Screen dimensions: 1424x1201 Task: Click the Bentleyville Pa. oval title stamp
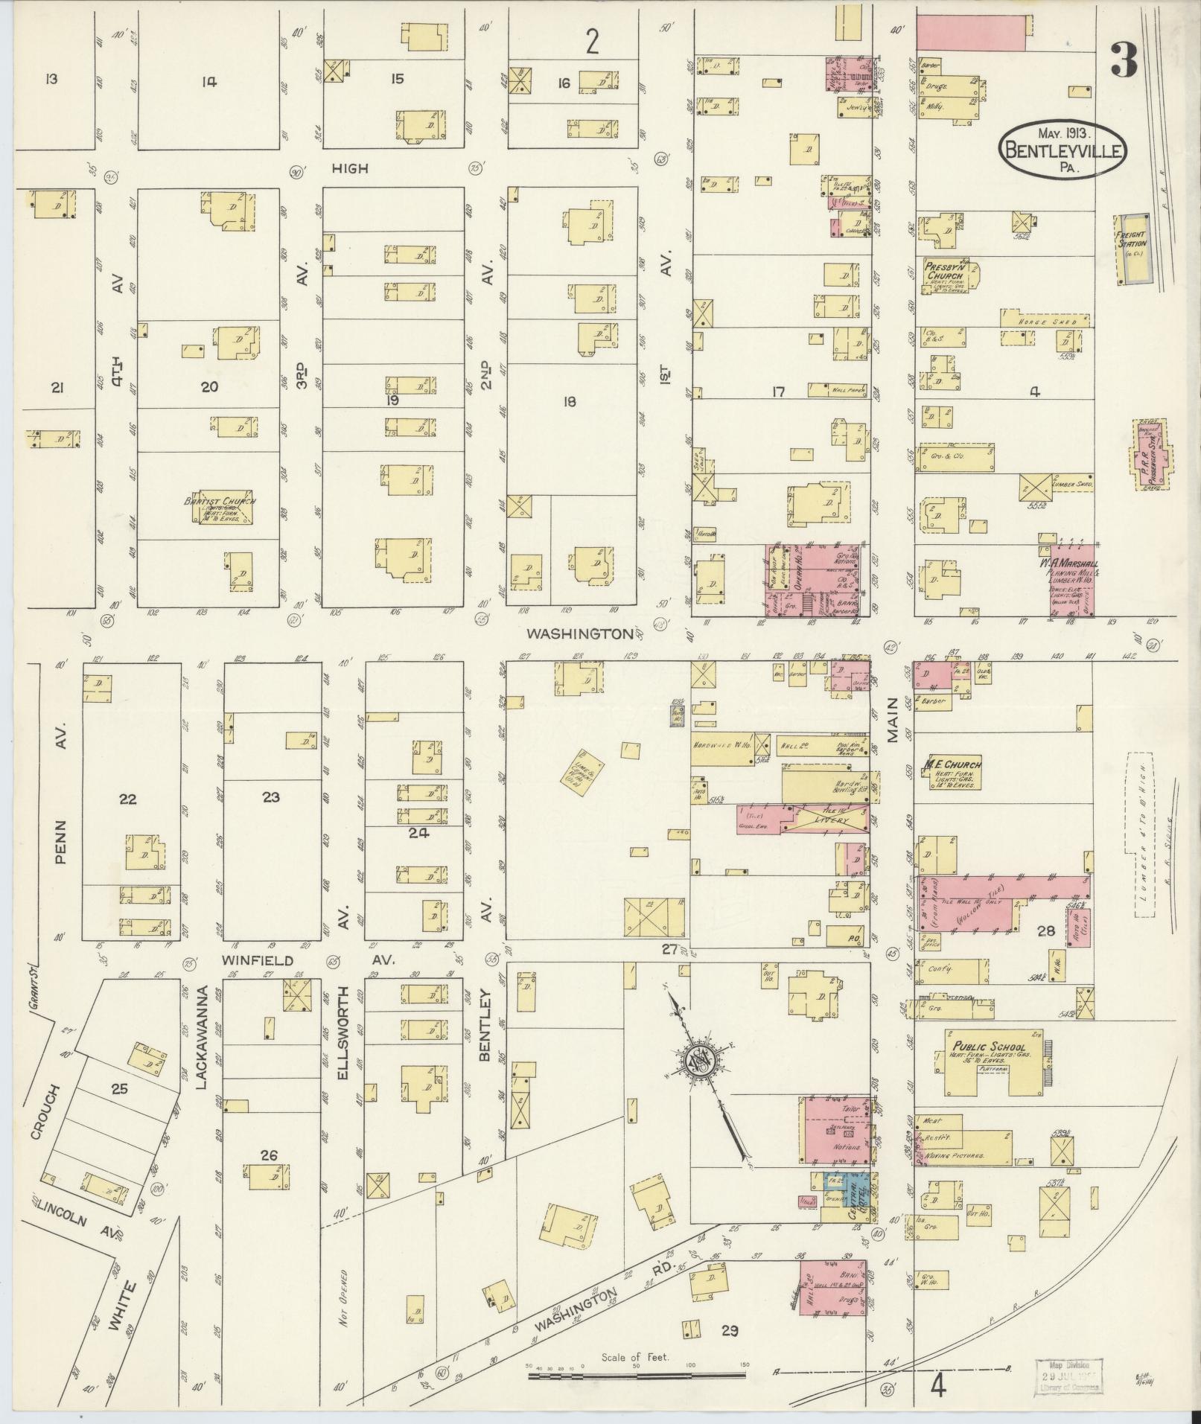point(1063,147)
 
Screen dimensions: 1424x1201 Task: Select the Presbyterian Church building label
point(943,272)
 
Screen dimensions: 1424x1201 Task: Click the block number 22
point(128,799)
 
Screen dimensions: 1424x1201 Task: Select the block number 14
point(208,83)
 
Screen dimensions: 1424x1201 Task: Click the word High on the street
point(349,169)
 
